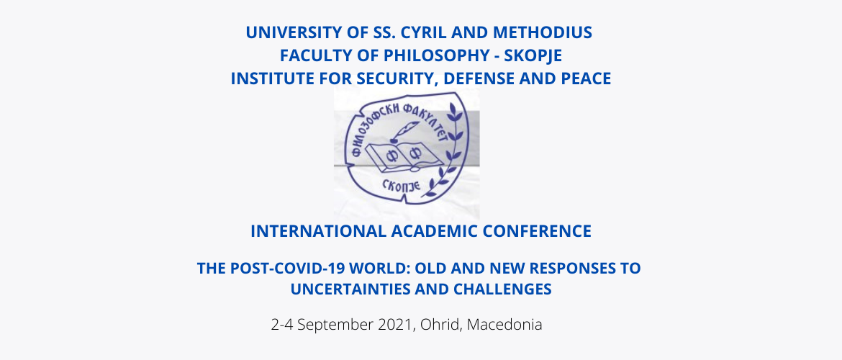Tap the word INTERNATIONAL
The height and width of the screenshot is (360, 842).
318,231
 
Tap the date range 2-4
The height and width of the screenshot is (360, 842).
282,325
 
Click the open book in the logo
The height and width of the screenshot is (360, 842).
403,156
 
